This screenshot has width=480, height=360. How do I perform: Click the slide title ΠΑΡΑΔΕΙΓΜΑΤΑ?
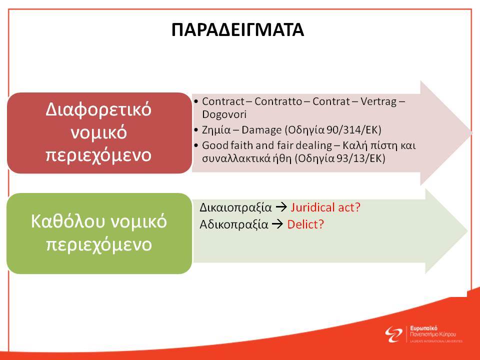(237, 30)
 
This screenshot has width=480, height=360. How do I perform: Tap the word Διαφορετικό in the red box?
(98, 109)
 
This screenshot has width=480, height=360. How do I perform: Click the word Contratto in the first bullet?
(278, 101)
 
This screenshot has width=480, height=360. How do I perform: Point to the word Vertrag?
(378, 101)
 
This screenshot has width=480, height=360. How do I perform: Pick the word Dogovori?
(224, 114)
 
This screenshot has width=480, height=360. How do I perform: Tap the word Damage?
(261, 130)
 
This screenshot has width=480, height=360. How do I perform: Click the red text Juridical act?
(325, 207)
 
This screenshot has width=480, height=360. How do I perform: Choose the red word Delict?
(305, 224)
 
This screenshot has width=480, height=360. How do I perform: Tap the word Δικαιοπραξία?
(235, 207)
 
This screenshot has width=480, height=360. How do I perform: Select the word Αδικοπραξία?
(234, 224)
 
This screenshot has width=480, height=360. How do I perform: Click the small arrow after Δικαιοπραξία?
(281, 207)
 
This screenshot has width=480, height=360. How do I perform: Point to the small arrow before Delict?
(277, 224)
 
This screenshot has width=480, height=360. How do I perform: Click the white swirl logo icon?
(393, 334)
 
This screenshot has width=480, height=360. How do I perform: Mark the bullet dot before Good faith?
(196, 145)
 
